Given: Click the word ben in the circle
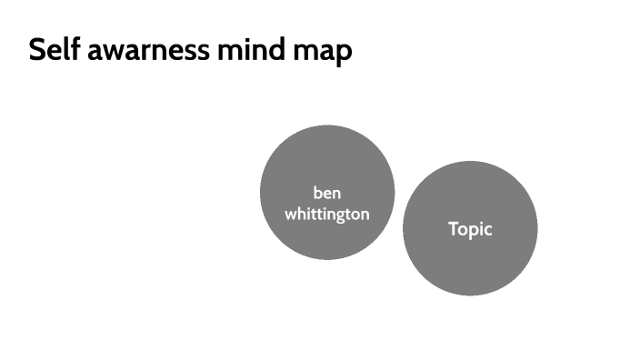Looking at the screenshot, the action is [327, 193].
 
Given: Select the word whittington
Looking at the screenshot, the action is [327, 215].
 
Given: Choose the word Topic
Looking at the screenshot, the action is [470, 229].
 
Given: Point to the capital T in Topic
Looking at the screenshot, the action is [453, 228].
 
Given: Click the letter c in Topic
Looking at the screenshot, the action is [487, 230].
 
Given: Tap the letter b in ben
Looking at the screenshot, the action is [317, 192].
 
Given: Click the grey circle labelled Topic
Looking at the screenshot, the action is [470, 264].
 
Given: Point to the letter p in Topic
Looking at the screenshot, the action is [473, 232].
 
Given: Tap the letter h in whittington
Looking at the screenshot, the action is [302, 214].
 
